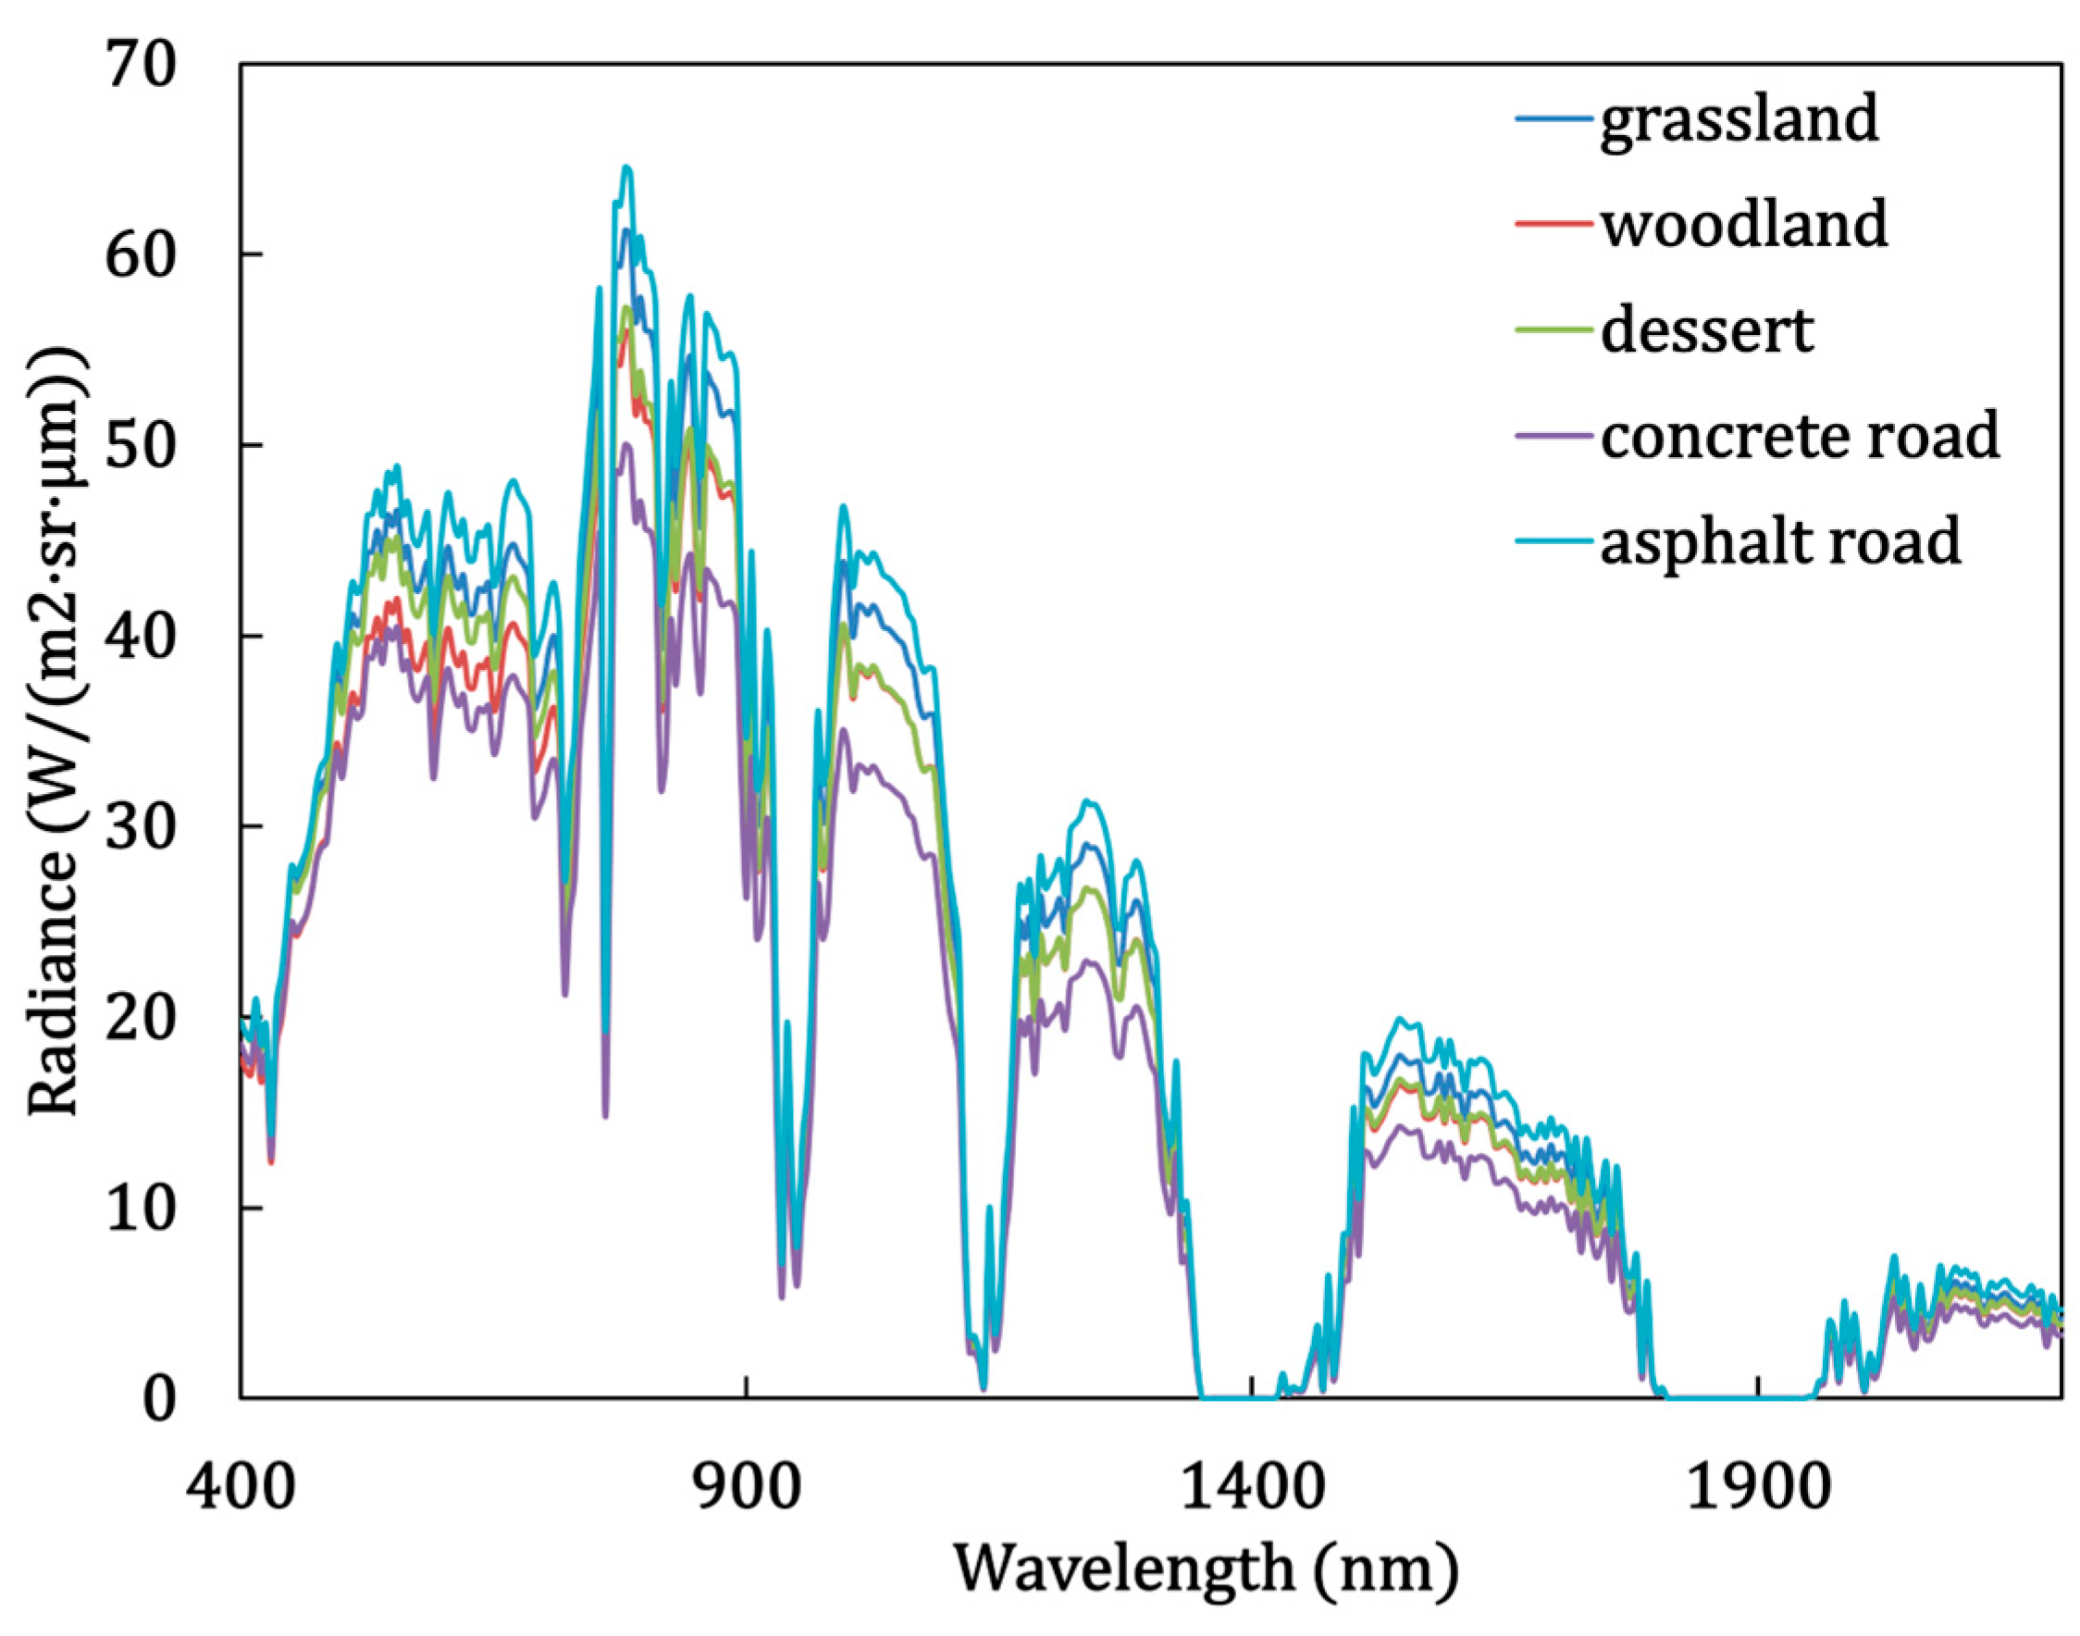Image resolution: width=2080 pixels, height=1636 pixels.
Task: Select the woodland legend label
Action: click(1743, 226)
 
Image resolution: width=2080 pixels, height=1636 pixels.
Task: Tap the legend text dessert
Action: click(1706, 331)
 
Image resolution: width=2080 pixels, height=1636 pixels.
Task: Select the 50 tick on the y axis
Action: click(142, 446)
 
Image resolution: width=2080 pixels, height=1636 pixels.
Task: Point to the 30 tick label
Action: click(142, 827)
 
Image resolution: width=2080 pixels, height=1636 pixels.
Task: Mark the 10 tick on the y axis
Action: click(142, 1208)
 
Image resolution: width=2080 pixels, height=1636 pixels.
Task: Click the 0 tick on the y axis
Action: click(161, 1400)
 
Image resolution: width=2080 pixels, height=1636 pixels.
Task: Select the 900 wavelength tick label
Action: click(747, 1491)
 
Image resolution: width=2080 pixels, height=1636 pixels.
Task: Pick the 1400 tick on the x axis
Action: click(1253, 1491)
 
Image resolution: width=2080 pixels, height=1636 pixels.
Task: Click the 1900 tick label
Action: click(1758, 1491)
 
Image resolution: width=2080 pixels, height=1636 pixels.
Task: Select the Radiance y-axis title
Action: click(56, 733)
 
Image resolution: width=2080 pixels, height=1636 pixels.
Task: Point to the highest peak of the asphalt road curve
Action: click(627, 167)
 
